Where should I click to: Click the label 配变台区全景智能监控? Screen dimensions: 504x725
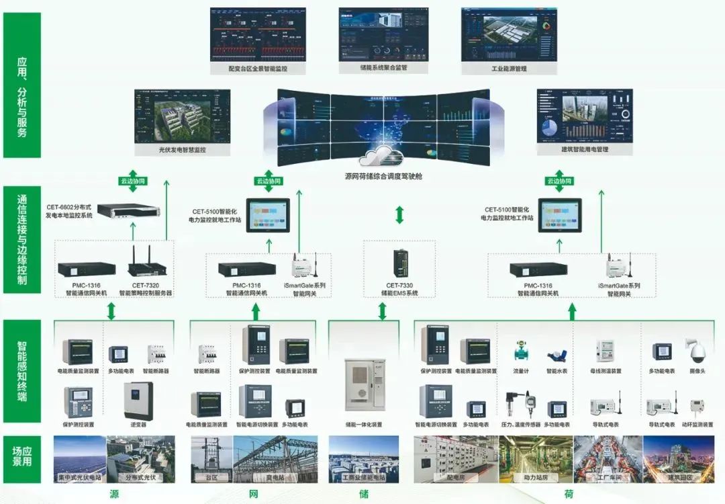257,69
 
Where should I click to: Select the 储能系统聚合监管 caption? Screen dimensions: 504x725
383,68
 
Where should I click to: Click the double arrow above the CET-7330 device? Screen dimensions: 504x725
400,215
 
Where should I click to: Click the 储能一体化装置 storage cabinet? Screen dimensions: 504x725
365,384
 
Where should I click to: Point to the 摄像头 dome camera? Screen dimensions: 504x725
696,351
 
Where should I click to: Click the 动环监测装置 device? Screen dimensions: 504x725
696,407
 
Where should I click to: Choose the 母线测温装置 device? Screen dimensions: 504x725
605,351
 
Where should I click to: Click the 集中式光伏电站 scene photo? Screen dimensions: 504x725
79,459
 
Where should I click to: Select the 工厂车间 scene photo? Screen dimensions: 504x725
608,459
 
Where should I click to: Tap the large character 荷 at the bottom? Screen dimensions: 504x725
569,494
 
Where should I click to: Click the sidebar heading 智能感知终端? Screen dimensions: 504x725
21,372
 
